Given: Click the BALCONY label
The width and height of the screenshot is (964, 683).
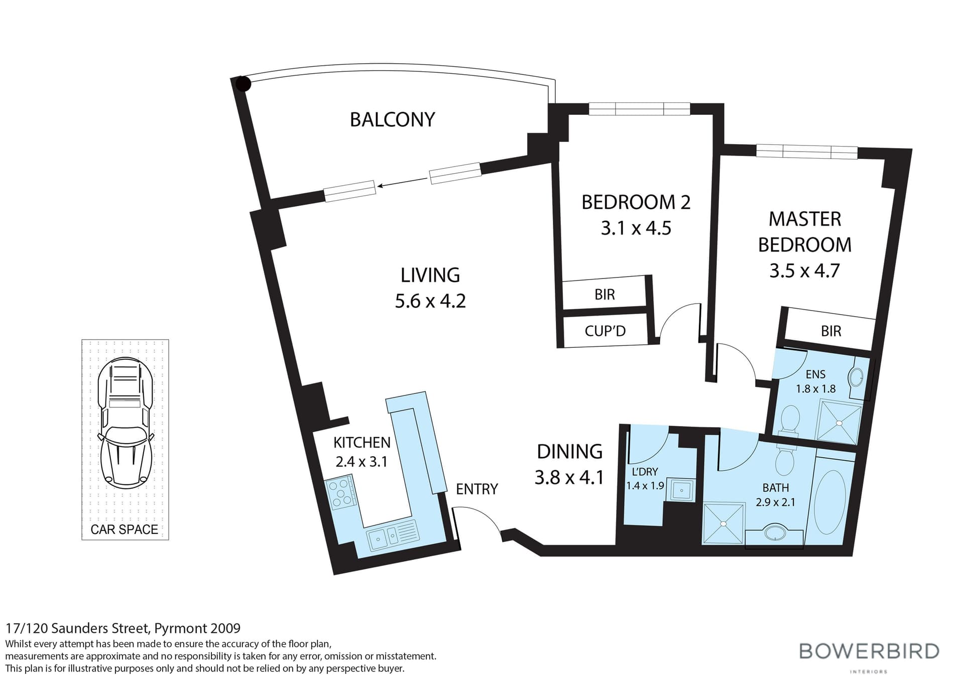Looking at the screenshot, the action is click(x=392, y=119).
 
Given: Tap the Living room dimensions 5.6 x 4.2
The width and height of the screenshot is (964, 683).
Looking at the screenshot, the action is click(x=430, y=301).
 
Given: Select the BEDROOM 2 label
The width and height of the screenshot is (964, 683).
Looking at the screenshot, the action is click(x=636, y=202).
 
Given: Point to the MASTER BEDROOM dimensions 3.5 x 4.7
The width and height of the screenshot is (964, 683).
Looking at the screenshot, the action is click(x=804, y=271).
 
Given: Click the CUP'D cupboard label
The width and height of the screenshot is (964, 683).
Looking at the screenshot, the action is click(x=605, y=331).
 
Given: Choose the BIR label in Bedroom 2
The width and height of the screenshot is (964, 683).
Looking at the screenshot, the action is click(x=605, y=295).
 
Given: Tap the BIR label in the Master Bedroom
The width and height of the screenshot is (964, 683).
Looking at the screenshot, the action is click(x=831, y=331).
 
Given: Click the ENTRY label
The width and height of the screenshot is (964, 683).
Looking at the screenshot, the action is click(x=476, y=489).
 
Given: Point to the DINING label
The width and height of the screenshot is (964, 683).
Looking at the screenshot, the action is click(x=569, y=452).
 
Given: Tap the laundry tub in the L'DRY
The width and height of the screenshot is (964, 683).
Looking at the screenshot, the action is click(x=681, y=489).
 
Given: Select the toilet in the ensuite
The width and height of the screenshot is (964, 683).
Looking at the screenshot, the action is click(x=790, y=421).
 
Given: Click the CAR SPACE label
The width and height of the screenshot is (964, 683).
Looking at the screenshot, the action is click(x=124, y=529).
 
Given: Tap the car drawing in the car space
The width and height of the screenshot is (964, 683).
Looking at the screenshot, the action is click(x=125, y=423).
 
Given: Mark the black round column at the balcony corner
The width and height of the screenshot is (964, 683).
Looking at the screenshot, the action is click(x=243, y=84).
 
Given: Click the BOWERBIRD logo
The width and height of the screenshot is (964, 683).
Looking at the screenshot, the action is click(x=869, y=651).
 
